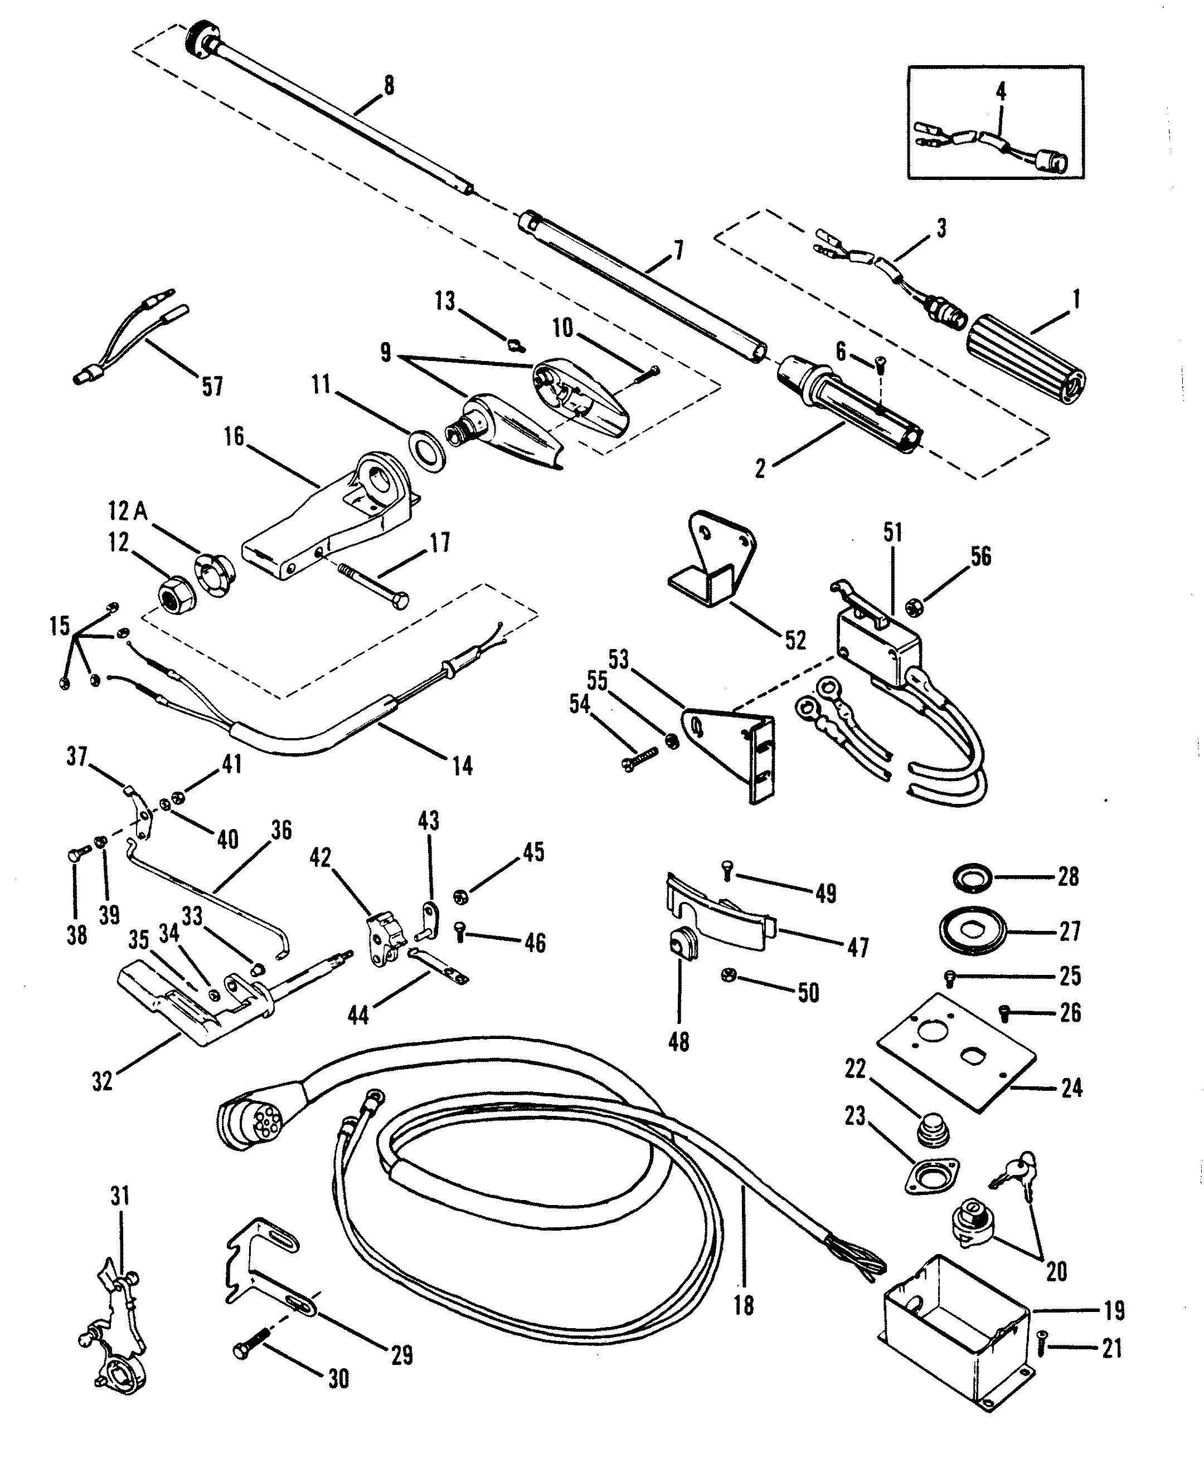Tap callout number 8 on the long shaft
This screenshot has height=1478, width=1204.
pyautogui.click(x=388, y=85)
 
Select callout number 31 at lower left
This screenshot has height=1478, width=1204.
pyautogui.click(x=120, y=1197)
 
